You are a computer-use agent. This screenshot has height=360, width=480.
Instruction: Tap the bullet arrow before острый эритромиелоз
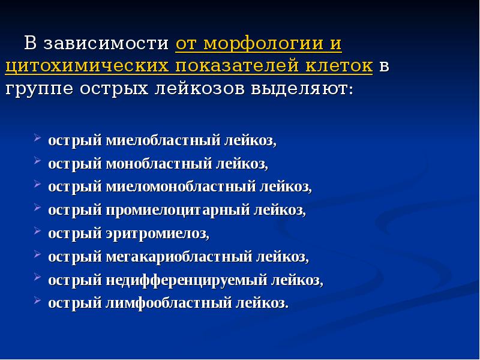(37, 230)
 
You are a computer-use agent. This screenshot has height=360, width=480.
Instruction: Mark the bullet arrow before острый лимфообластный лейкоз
(37, 300)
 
